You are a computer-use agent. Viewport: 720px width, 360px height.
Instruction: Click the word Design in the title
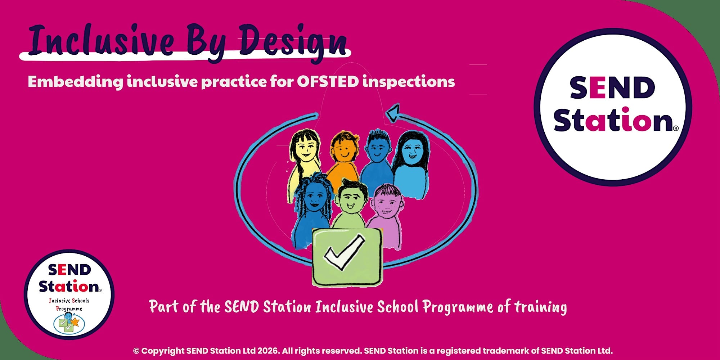coord(292,42)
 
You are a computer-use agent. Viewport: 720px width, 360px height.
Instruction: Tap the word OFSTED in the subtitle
coord(328,81)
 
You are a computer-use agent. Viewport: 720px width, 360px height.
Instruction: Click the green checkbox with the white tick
coord(347,257)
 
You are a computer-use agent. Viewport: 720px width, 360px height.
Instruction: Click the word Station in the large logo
coord(613,120)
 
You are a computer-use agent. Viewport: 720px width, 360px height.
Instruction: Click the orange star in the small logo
coord(75,321)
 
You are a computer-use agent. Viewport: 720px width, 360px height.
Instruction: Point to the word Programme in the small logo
coord(69,309)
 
